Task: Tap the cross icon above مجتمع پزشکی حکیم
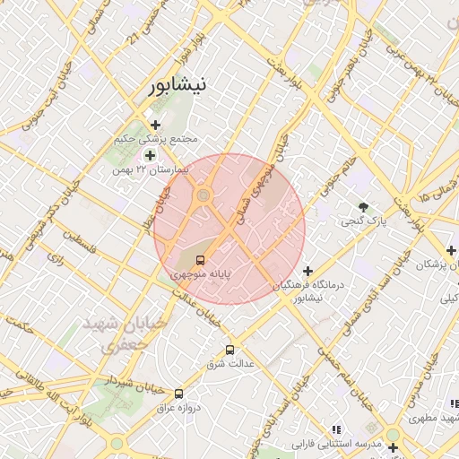point(156,126)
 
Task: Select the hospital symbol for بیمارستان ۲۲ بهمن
point(150,155)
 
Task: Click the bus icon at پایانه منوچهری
point(199,260)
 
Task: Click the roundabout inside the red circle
point(204,195)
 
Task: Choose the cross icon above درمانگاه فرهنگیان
point(307,270)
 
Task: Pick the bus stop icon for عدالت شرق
point(230,350)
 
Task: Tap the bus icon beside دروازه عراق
point(178,393)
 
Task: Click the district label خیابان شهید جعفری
point(114,333)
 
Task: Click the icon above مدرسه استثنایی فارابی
point(337,429)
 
